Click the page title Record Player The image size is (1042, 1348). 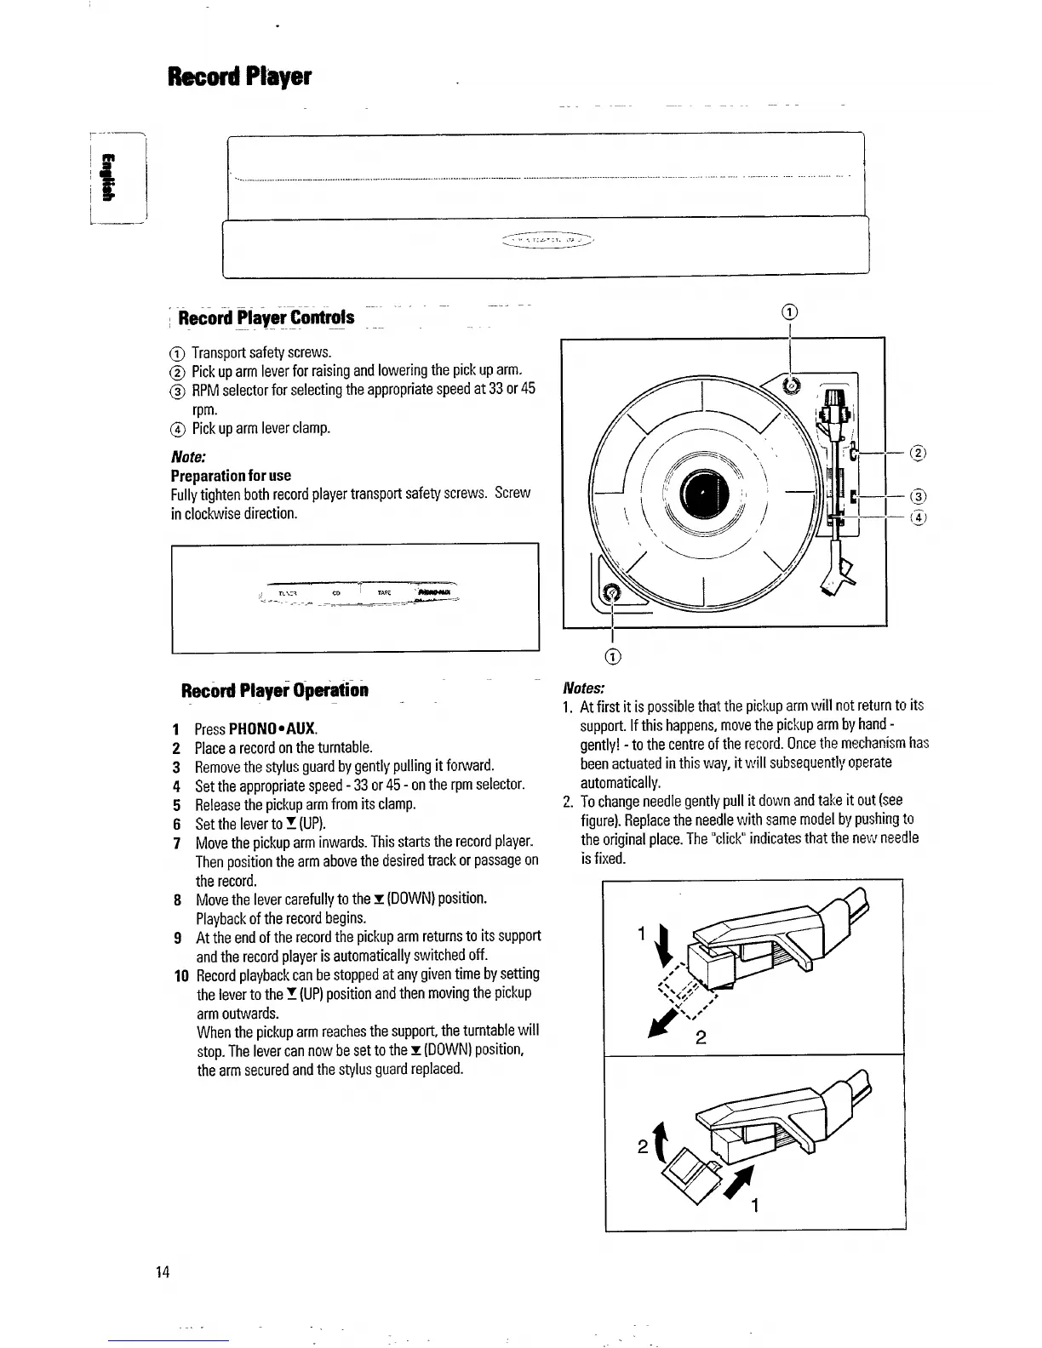point(240,77)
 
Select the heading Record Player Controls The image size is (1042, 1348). point(267,318)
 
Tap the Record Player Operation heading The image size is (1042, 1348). point(275,689)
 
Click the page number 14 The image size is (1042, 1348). point(163,1271)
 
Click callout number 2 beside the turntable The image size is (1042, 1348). point(918,453)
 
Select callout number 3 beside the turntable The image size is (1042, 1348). point(918,497)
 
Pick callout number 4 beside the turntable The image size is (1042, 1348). point(918,517)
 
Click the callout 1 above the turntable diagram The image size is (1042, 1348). point(790,311)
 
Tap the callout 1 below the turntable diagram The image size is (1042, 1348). point(613,655)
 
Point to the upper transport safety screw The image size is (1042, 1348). point(792,385)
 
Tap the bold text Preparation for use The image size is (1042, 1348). point(231,475)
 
